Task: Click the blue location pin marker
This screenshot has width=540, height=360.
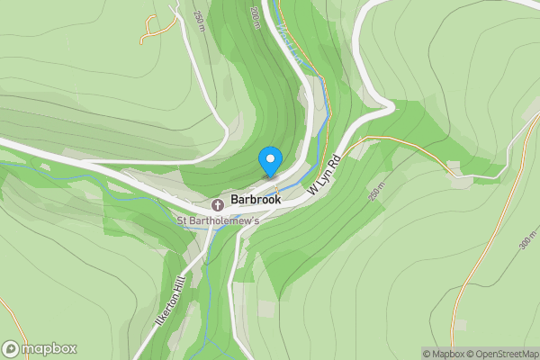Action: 269,161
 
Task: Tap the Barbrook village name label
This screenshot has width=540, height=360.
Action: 256,200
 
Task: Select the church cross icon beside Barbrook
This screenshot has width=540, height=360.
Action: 218,205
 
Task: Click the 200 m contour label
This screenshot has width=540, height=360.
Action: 256,17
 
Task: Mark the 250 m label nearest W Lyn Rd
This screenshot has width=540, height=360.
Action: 376,195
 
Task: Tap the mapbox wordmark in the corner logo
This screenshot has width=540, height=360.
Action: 49,349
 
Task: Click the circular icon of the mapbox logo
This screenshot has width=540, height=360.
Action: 12,349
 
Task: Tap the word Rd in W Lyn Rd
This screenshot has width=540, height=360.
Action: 333,163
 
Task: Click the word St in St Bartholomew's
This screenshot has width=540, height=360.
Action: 181,221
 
